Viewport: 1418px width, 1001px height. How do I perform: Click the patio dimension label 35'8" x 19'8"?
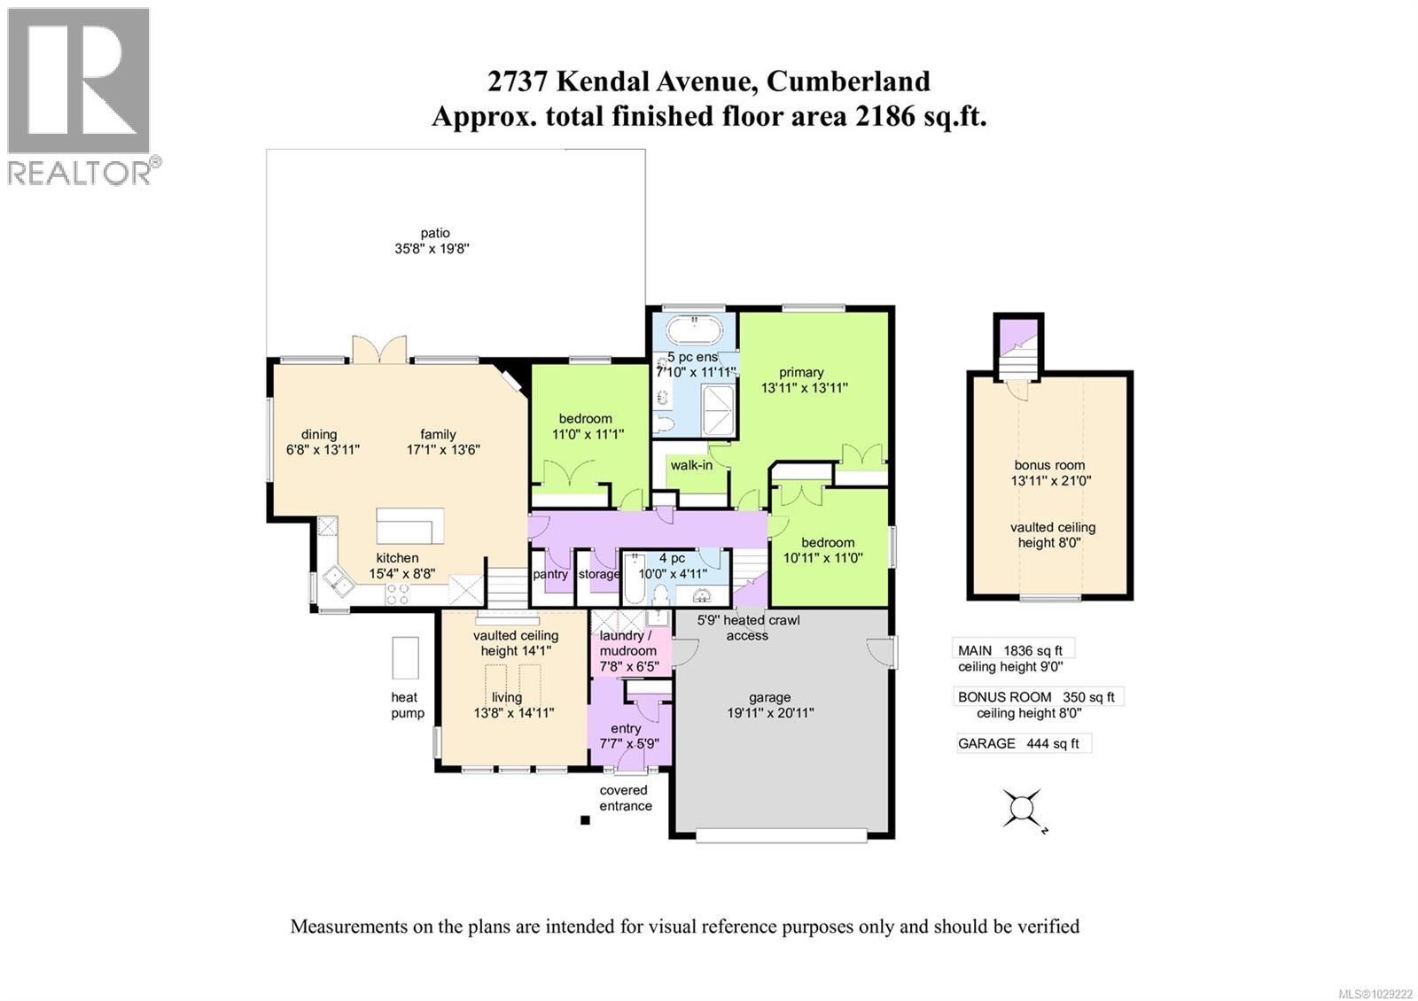pos(432,249)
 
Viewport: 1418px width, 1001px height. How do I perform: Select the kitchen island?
pos(409,525)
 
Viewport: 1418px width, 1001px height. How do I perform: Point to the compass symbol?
pos(1022,808)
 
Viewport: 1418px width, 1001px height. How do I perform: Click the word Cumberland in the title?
pos(848,81)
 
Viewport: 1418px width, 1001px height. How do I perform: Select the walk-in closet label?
pos(691,465)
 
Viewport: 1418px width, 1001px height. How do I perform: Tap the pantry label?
pos(550,574)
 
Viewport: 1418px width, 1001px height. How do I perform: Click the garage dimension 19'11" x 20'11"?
pos(769,712)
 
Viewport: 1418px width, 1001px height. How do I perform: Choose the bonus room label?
pos(1049,464)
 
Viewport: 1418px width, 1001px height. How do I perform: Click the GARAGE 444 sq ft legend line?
pos(1018,743)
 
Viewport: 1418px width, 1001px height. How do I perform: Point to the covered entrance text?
pos(625,797)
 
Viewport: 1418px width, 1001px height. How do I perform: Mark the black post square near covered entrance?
pos(585,820)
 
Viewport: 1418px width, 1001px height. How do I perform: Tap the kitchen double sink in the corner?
pos(336,581)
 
